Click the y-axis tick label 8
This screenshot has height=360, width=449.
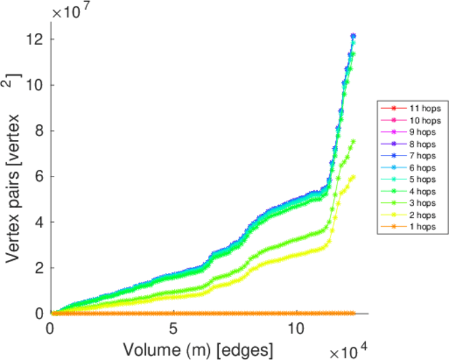[40, 131]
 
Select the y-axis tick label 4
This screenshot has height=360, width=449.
[40, 222]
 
